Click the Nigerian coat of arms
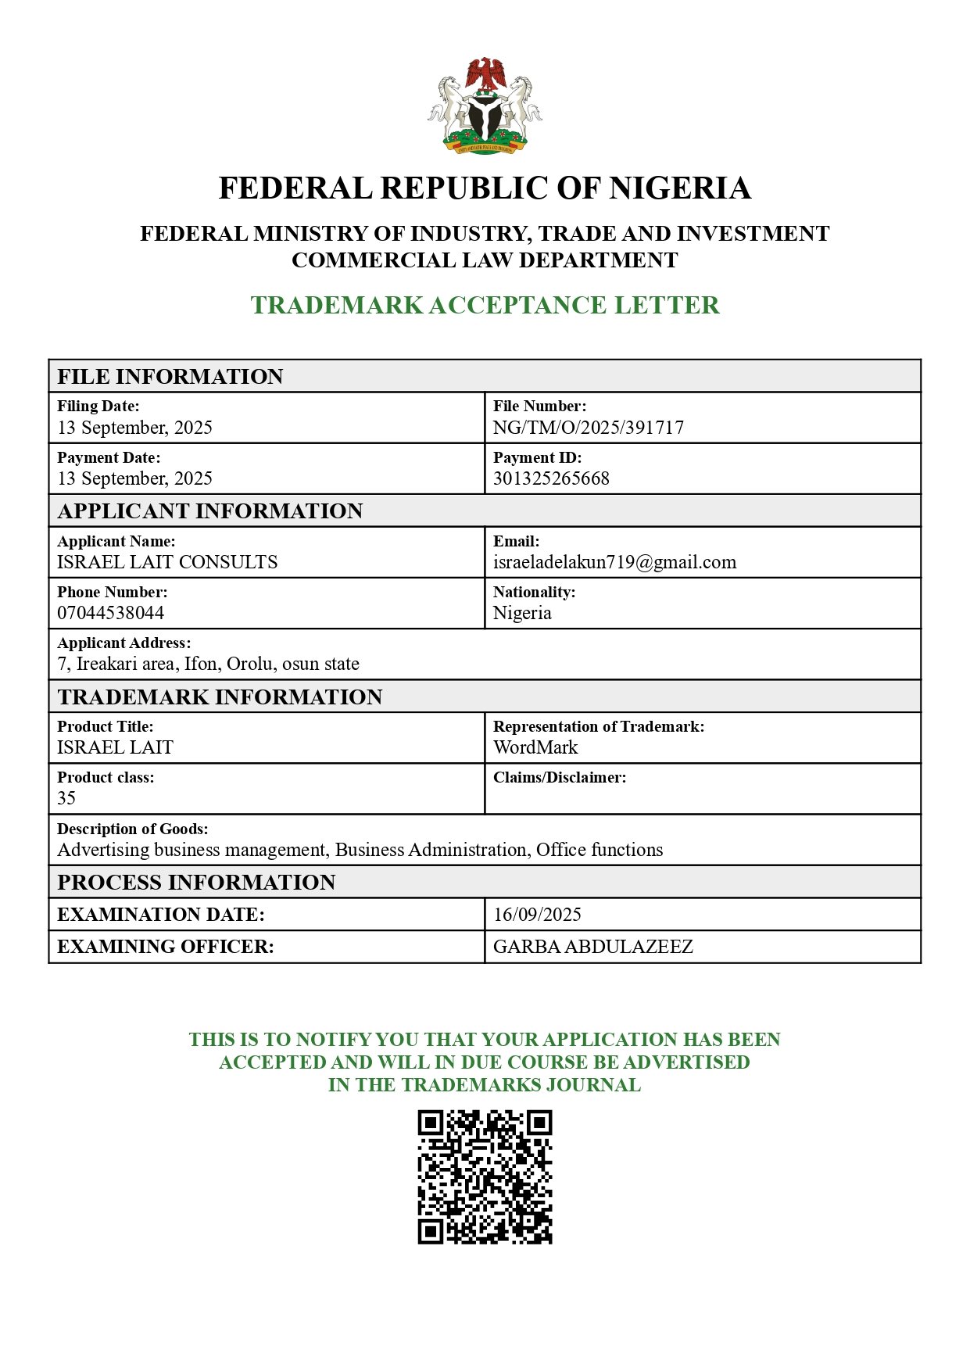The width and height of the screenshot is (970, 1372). click(x=485, y=106)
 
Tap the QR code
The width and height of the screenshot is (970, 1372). click(x=485, y=1177)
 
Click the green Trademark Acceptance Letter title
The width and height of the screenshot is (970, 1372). click(x=485, y=305)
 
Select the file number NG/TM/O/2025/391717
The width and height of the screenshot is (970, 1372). click(x=588, y=428)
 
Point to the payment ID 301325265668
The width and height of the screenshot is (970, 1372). click(x=551, y=478)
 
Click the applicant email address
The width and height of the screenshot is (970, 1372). click(x=614, y=562)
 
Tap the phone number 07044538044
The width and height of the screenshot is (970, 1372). click(x=111, y=613)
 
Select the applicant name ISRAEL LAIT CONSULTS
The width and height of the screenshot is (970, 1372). click(x=167, y=562)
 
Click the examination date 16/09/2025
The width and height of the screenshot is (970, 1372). click(x=538, y=915)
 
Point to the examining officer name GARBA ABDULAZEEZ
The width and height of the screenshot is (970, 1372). click(x=593, y=947)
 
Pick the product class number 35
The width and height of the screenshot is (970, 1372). click(x=66, y=798)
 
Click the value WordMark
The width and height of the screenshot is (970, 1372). click(x=535, y=747)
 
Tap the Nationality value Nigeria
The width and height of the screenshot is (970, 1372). click(x=522, y=613)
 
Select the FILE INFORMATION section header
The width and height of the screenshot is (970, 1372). click(x=170, y=377)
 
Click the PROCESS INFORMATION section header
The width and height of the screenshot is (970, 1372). click(x=196, y=883)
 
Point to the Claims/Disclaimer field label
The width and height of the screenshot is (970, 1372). click(x=560, y=778)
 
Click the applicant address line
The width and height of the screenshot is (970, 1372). click(x=208, y=664)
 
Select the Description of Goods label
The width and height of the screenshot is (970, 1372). click(x=133, y=829)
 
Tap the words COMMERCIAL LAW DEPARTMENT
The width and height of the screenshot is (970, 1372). click(x=485, y=260)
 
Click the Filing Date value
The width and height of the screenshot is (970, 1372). click(x=134, y=428)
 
